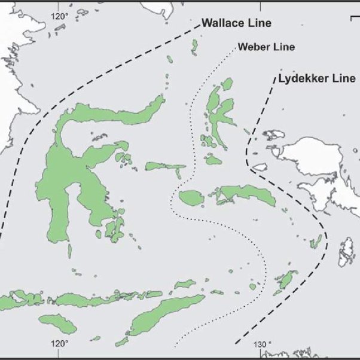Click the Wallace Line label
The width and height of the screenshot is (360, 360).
click(236, 24)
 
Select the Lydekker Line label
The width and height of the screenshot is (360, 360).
click(316, 78)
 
